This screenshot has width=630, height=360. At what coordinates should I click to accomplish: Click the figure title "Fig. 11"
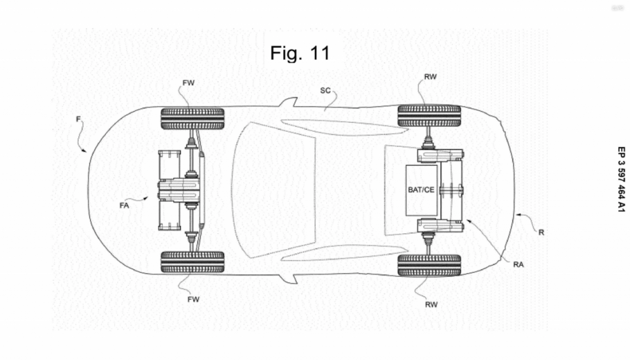tap(300, 53)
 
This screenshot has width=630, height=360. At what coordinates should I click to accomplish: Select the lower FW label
tap(193, 299)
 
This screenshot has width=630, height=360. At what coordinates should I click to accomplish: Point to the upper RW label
tap(430, 77)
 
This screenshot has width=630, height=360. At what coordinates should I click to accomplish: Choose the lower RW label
tap(430, 303)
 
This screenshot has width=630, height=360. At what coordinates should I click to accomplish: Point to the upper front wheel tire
tap(193, 118)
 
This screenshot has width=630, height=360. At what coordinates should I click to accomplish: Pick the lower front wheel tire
tap(193, 262)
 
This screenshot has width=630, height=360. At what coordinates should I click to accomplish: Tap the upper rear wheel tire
tap(429, 116)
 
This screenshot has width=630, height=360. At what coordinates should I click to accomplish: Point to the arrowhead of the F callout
tap(88, 151)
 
